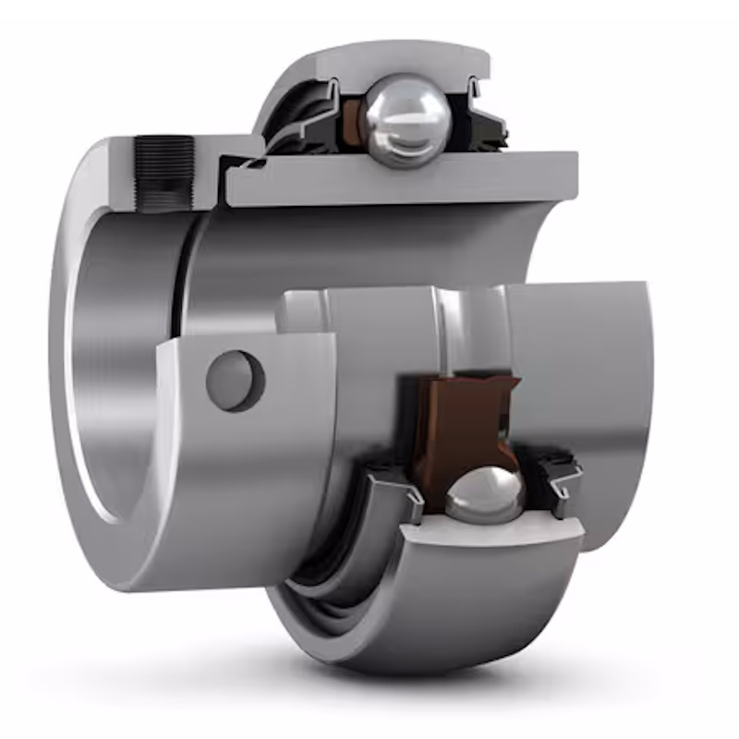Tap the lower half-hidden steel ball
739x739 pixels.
[484, 494]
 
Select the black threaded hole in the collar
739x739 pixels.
[164, 173]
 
